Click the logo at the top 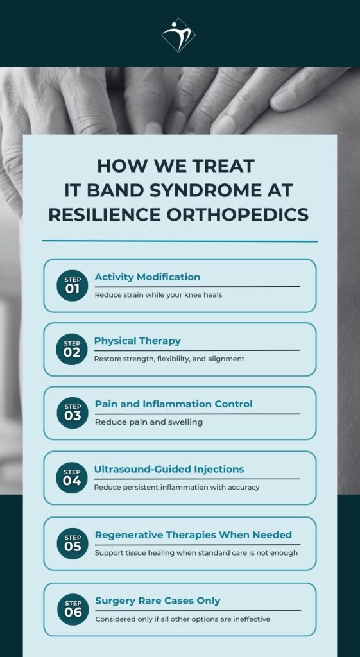[178, 34]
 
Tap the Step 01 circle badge [72, 286]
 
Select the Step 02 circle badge [72, 349]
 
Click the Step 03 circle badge [73, 413]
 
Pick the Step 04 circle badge [72, 477]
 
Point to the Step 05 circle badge [73, 543]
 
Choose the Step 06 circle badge [73, 609]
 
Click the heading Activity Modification [148, 277]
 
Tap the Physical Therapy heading [137, 341]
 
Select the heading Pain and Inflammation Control [173, 404]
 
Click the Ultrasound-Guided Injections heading [169, 469]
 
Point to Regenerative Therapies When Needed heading [193, 535]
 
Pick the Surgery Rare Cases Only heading [158, 601]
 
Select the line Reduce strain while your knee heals [159, 295]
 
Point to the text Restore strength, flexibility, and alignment [169, 359]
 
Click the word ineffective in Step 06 [249, 619]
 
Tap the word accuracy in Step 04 [243, 487]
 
